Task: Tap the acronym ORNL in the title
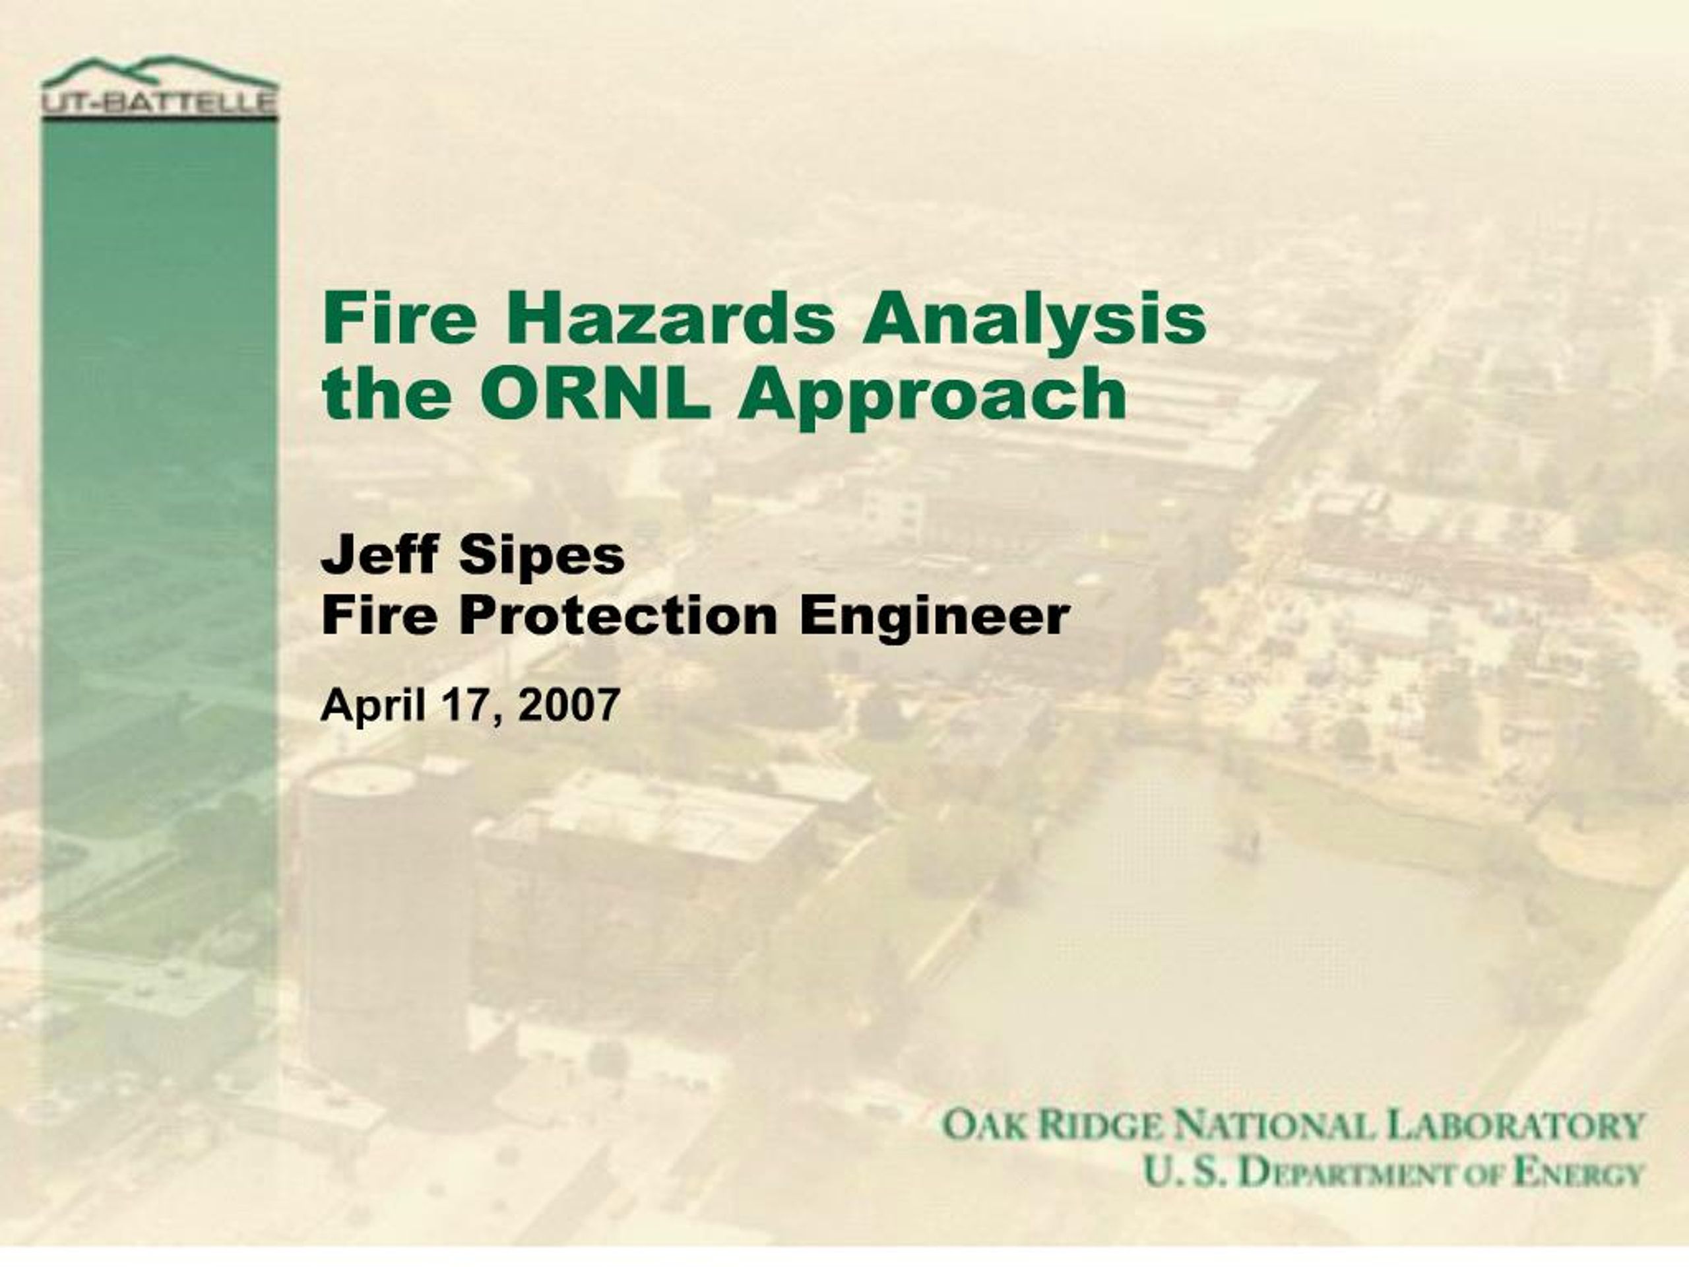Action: [595, 393]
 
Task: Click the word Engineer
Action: [934, 617]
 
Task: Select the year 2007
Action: [569, 704]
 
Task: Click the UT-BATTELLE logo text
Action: [160, 103]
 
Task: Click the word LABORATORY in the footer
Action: [1514, 1126]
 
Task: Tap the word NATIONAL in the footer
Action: [1272, 1126]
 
